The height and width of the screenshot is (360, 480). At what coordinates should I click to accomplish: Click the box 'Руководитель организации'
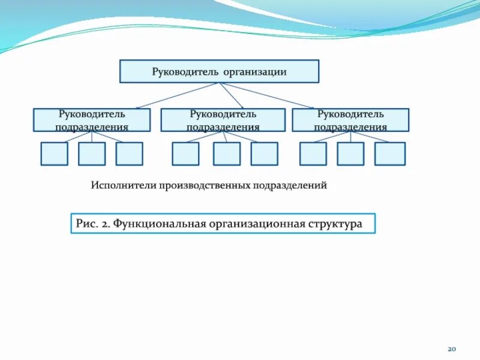pyautogui.click(x=220, y=71)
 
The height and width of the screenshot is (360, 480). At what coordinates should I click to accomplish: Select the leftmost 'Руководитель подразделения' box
pyautogui.click(x=92, y=120)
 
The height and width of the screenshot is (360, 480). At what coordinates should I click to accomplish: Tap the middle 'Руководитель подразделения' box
pyautogui.click(x=223, y=120)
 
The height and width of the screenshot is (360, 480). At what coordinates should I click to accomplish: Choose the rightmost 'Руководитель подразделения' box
pyautogui.click(x=350, y=120)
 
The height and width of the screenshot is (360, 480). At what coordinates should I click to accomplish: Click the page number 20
pyautogui.click(x=453, y=349)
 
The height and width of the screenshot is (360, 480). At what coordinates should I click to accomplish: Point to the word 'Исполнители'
pyautogui.click(x=124, y=185)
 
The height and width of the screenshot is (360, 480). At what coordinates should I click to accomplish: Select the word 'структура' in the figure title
pyautogui.click(x=336, y=223)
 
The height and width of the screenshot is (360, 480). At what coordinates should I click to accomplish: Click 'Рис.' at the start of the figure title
pyautogui.click(x=85, y=223)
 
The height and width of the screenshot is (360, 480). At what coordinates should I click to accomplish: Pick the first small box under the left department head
pyautogui.click(x=54, y=154)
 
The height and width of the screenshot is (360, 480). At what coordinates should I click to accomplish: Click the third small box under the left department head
pyautogui.click(x=130, y=154)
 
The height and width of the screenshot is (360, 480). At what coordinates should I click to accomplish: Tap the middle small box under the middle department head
pyautogui.click(x=227, y=154)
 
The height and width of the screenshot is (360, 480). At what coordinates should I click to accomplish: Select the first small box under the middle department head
pyautogui.click(x=185, y=154)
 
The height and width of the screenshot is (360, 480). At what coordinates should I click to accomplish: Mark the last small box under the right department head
pyautogui.click(x=390, y=154)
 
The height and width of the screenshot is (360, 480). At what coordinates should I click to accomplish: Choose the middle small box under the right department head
pyautogui.click(x=350, y=154)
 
